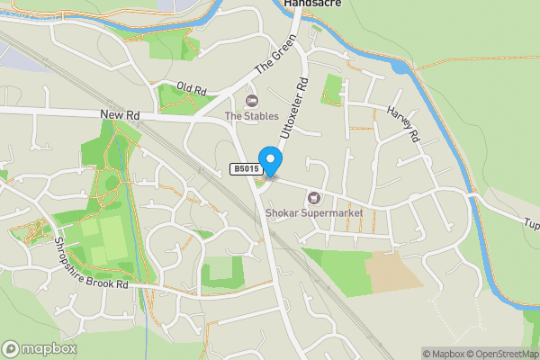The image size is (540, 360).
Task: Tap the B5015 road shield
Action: pyautogui.click(x=246, y=168)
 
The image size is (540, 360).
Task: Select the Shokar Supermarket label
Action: pyautogui.click(x=313, y=213)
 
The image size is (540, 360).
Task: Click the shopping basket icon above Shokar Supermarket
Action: pyautogui.click(x=313, y=197)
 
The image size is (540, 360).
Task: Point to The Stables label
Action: pyautogui.click(x=251, y=116)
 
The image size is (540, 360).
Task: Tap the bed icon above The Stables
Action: pyautogui.click(x=251, y=100)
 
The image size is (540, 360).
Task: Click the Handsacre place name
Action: pyautogui.click(x=309, y=4)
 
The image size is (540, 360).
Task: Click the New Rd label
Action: pyautogui.click(x=120, y=115)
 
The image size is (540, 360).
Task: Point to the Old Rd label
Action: pyautogui.click(x=191, y=90)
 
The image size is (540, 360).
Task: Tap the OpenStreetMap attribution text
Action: pyautogui.click(x=501, y=354)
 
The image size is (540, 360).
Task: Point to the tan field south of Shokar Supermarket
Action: pyautogui.click(x=394, y=270)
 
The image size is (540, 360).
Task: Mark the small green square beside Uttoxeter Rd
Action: pyautogui.click(x=332, y=87)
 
